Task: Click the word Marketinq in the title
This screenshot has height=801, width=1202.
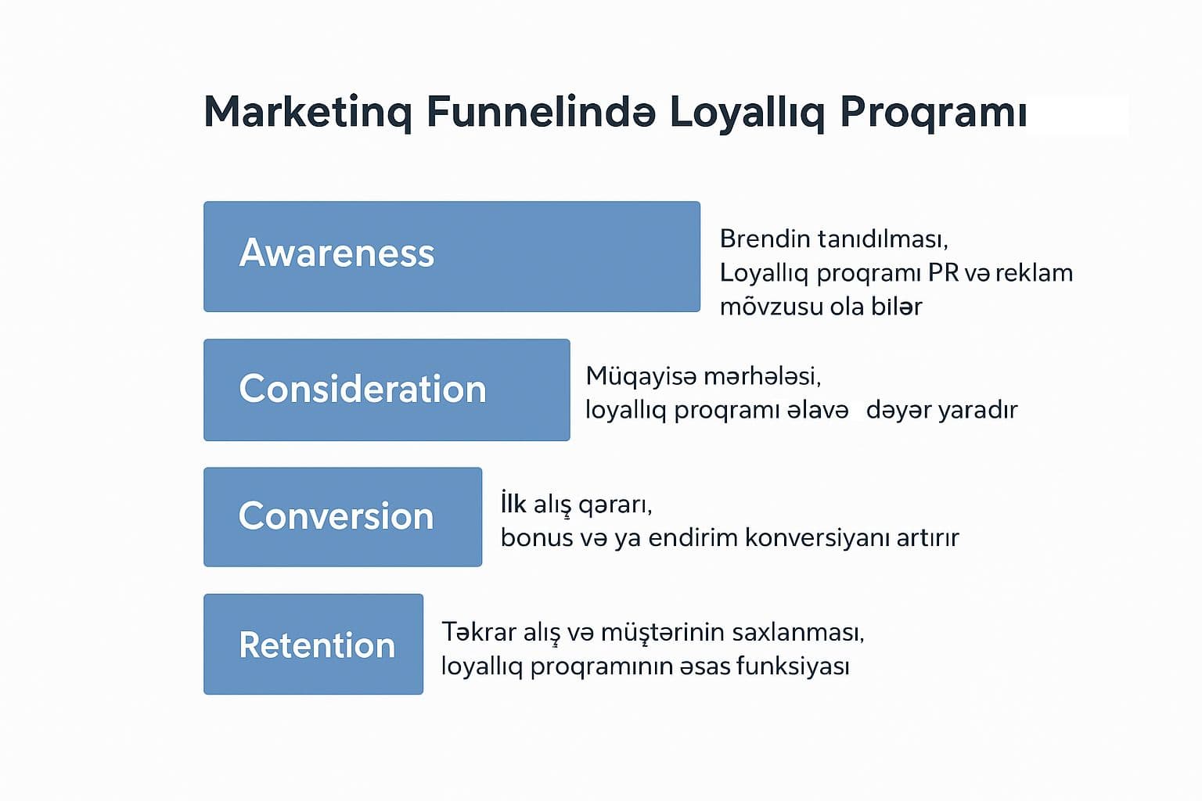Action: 308,112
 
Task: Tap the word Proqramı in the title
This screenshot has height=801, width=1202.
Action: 933,112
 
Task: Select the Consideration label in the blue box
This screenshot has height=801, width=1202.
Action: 363,389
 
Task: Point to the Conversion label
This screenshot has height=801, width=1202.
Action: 336,515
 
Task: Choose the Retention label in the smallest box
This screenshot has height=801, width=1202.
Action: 317,645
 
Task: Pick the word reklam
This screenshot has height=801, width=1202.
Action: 1034,272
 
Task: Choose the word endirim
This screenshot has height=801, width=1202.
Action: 693,537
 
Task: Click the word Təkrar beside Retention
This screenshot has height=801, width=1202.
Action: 479,632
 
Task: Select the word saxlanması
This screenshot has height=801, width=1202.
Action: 798,633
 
